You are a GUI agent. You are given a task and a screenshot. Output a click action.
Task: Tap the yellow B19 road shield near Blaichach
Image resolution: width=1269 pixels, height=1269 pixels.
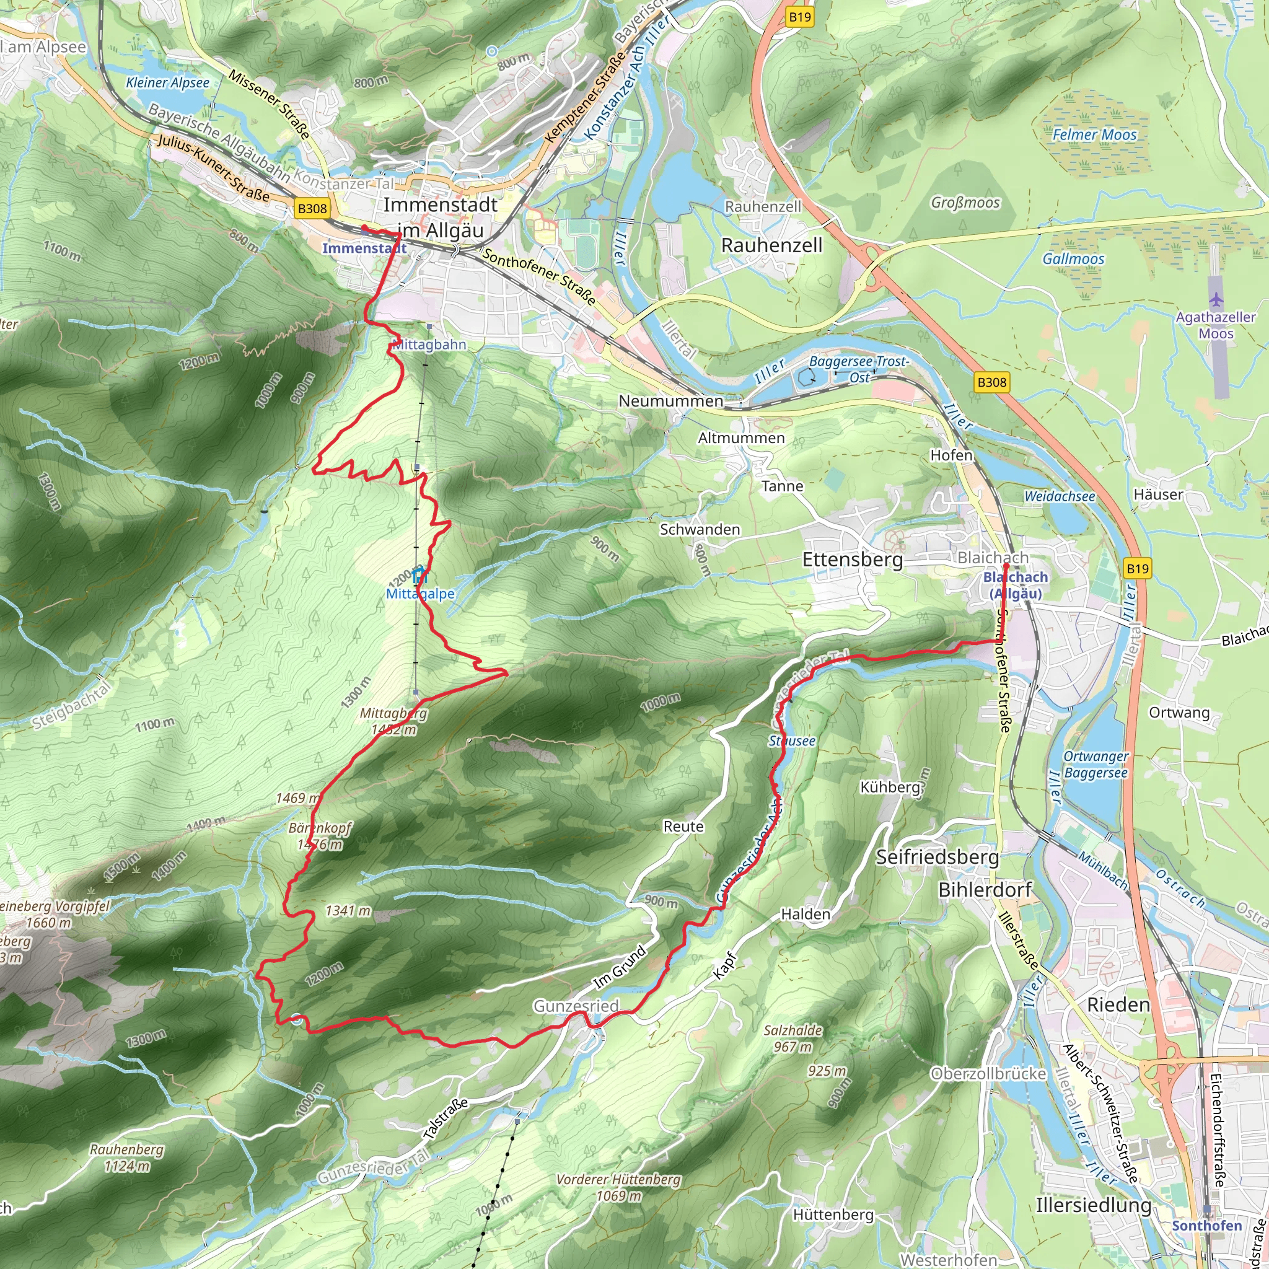(x=1137, y=568)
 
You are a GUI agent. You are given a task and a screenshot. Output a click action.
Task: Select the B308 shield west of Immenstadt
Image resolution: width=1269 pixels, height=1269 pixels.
(x=312, y=209)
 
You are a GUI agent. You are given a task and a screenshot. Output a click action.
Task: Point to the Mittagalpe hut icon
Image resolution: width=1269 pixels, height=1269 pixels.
(x=419, y=576)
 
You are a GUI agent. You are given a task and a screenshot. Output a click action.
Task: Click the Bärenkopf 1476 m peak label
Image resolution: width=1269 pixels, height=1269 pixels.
(x=320, y=836)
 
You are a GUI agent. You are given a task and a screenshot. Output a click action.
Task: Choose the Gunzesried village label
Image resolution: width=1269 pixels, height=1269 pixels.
(x=576, y=1006)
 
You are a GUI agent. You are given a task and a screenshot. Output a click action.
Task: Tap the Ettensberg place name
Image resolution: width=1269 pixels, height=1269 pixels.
(x=853, y=560)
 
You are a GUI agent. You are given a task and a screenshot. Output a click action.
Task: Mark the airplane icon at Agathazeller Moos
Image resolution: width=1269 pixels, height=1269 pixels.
(x=1216, y=300)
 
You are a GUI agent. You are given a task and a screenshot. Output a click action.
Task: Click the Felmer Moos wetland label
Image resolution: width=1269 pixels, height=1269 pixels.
(x=1094, y=134)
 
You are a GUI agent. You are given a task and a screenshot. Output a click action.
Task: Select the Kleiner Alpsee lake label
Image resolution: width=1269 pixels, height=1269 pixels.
(x=167, y=83)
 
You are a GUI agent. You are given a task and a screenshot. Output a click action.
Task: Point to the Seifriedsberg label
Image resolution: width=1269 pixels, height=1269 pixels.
(x=937, y=857)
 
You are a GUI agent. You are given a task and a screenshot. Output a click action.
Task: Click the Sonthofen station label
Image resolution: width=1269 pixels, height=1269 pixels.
(x=1206, y=1226)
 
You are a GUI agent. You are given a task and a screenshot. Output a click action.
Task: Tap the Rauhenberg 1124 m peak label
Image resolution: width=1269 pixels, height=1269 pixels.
(x=127, y=1158)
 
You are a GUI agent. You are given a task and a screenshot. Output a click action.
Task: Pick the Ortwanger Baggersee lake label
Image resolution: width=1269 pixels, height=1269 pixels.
(x=1095, y=765)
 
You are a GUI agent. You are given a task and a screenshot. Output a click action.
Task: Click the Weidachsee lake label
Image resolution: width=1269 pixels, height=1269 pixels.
(x=1060, y=496)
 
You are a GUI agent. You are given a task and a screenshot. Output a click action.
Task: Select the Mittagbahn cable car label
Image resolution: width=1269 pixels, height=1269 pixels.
(x=429, y=344)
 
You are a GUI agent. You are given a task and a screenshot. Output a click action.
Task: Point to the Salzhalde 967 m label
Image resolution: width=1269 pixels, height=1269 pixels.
(x=792, y=1038)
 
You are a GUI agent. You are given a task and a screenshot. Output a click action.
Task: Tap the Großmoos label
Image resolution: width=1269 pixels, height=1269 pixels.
(x=965, y=202)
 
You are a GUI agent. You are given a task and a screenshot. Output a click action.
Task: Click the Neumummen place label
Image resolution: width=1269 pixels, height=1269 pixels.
(x=670, y=401)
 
